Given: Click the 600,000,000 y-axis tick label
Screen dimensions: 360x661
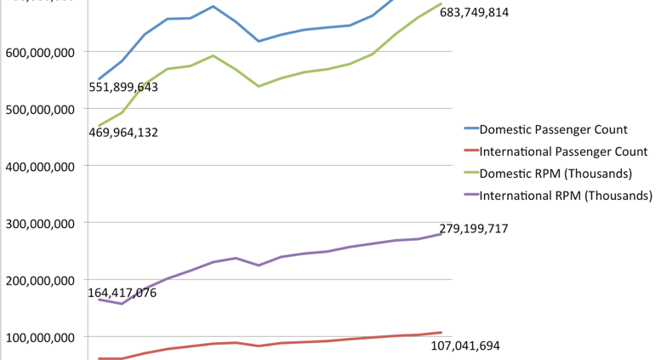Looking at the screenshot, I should (x=40, y=52).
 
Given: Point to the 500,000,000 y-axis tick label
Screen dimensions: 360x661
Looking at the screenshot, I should (x=40, y=109).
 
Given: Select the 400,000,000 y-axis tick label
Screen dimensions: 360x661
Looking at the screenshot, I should (x=40, y=166).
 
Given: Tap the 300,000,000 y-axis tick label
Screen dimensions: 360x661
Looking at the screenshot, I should (x=40, y=223).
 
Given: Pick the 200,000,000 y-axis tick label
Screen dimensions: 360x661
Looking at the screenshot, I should (x=40, y=280).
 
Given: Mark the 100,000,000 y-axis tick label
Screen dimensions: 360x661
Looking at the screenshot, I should (x=40, y=337).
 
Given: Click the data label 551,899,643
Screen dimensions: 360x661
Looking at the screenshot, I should (x=123, y=87).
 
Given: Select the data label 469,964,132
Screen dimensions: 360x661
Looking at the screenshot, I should (x=123, y=132).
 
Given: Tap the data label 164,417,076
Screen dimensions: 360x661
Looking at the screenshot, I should (x=123, y=293).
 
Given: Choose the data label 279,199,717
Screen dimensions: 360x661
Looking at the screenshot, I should (x=474, y=228).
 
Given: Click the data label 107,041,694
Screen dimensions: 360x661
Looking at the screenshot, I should (x=465, y=346).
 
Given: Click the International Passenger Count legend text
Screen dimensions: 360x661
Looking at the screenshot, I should (x=565, y=152).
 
